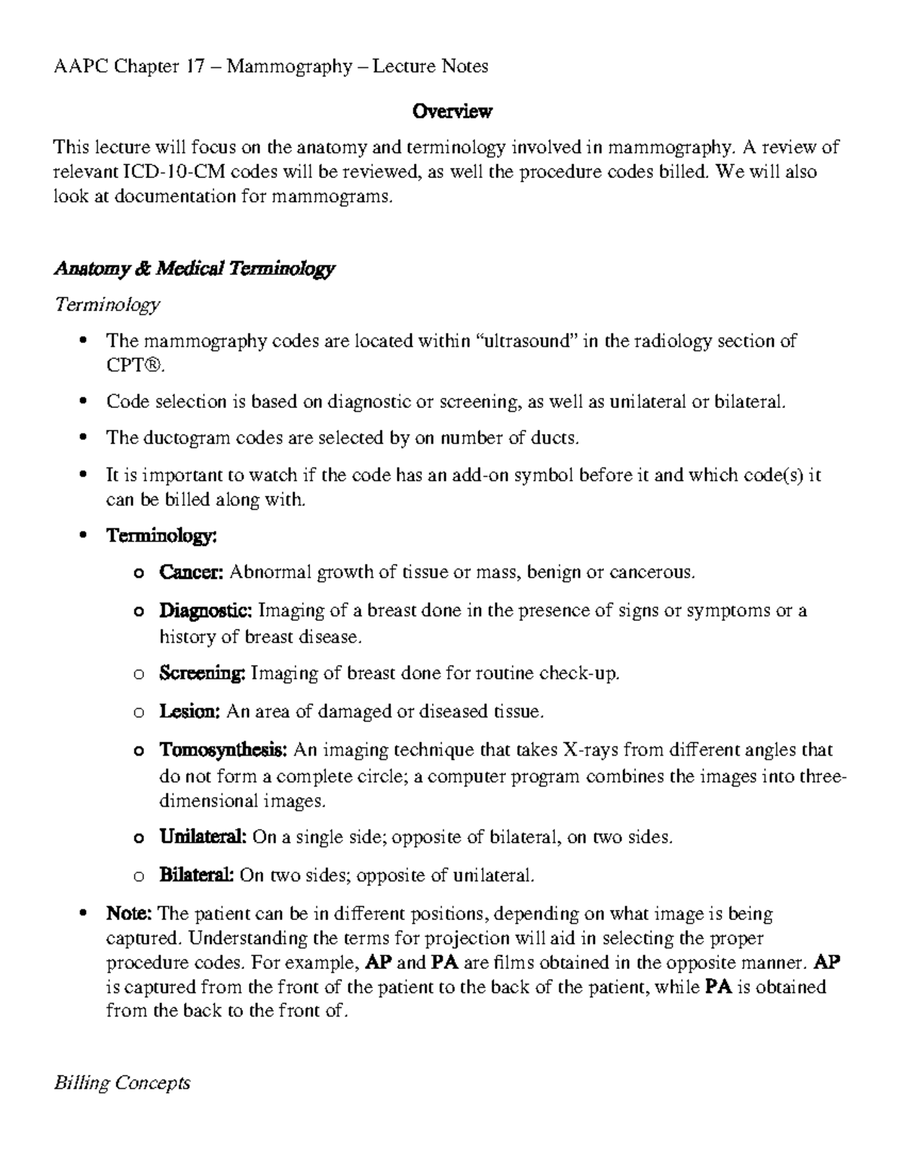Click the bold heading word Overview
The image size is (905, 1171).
452,112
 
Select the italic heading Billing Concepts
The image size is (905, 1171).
121,1084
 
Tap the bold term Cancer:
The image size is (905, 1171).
191,572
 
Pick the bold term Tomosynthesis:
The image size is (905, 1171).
223,750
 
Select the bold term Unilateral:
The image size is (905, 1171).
203,837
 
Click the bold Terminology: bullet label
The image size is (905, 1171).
162,536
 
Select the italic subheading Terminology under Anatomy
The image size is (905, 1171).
106,305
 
